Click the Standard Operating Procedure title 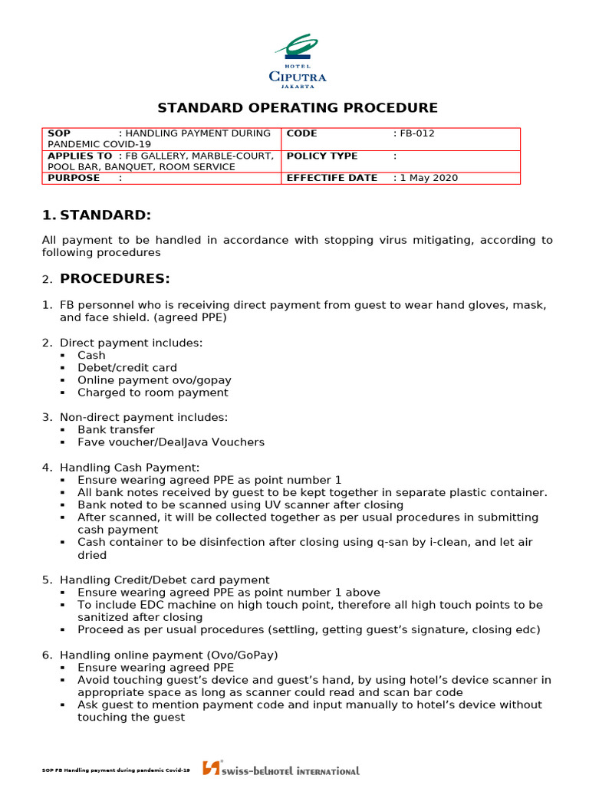[298, 108]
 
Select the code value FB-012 [416, 133]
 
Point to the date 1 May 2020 [428, 178]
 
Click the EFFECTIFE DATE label [332, 178]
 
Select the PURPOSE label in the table [74, 178]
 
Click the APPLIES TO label [81, 156]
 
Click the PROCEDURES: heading [115, 278]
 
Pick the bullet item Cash [91, 356]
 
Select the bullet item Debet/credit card [127, 368]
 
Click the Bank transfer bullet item [116, 430]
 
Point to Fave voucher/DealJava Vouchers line [170, 442]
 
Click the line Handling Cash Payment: [129, 467]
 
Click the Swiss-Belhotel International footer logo [281, 769]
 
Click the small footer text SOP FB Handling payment [116, 770]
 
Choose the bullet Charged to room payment [153, 392]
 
